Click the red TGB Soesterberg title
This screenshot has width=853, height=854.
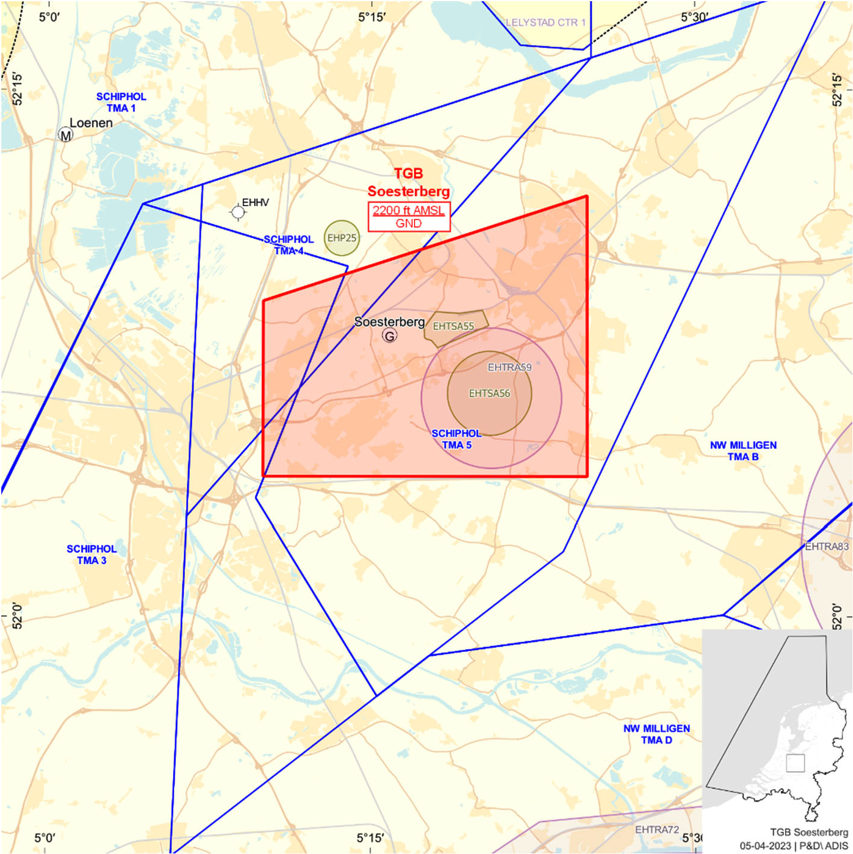(x=408, y=182)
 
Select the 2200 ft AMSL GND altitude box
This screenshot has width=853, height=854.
(x=408, y=217)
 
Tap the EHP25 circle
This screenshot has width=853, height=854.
(x=341, y=238)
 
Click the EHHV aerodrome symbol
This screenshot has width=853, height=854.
(x=238, y=212)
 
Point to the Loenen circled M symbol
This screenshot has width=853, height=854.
(x=65, y=135)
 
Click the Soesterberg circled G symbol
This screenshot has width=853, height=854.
(x=390, y=336)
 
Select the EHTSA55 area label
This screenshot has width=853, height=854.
(x=454, y=326)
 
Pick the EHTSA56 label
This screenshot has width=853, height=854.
(x=489, y=394)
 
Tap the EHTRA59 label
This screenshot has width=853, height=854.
(x=509, y=367)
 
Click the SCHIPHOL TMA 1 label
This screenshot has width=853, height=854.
(x=121, y=102)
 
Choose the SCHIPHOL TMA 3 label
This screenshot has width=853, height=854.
(x=91, y=555)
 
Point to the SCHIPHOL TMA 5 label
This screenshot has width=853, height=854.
(x=457, y=439)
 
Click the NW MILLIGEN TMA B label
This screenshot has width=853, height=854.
(x=743, y=451)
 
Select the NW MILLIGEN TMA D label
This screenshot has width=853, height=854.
(x=657, y=734)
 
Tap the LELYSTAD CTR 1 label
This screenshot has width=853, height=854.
(x=545, y=23)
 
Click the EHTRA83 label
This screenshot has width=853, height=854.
(x=827, y=546)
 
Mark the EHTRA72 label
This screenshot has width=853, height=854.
(x=657, y=829)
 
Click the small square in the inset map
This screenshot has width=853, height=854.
(x=795, y=763)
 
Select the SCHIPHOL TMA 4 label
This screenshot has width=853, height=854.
(x=289, y=245)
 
